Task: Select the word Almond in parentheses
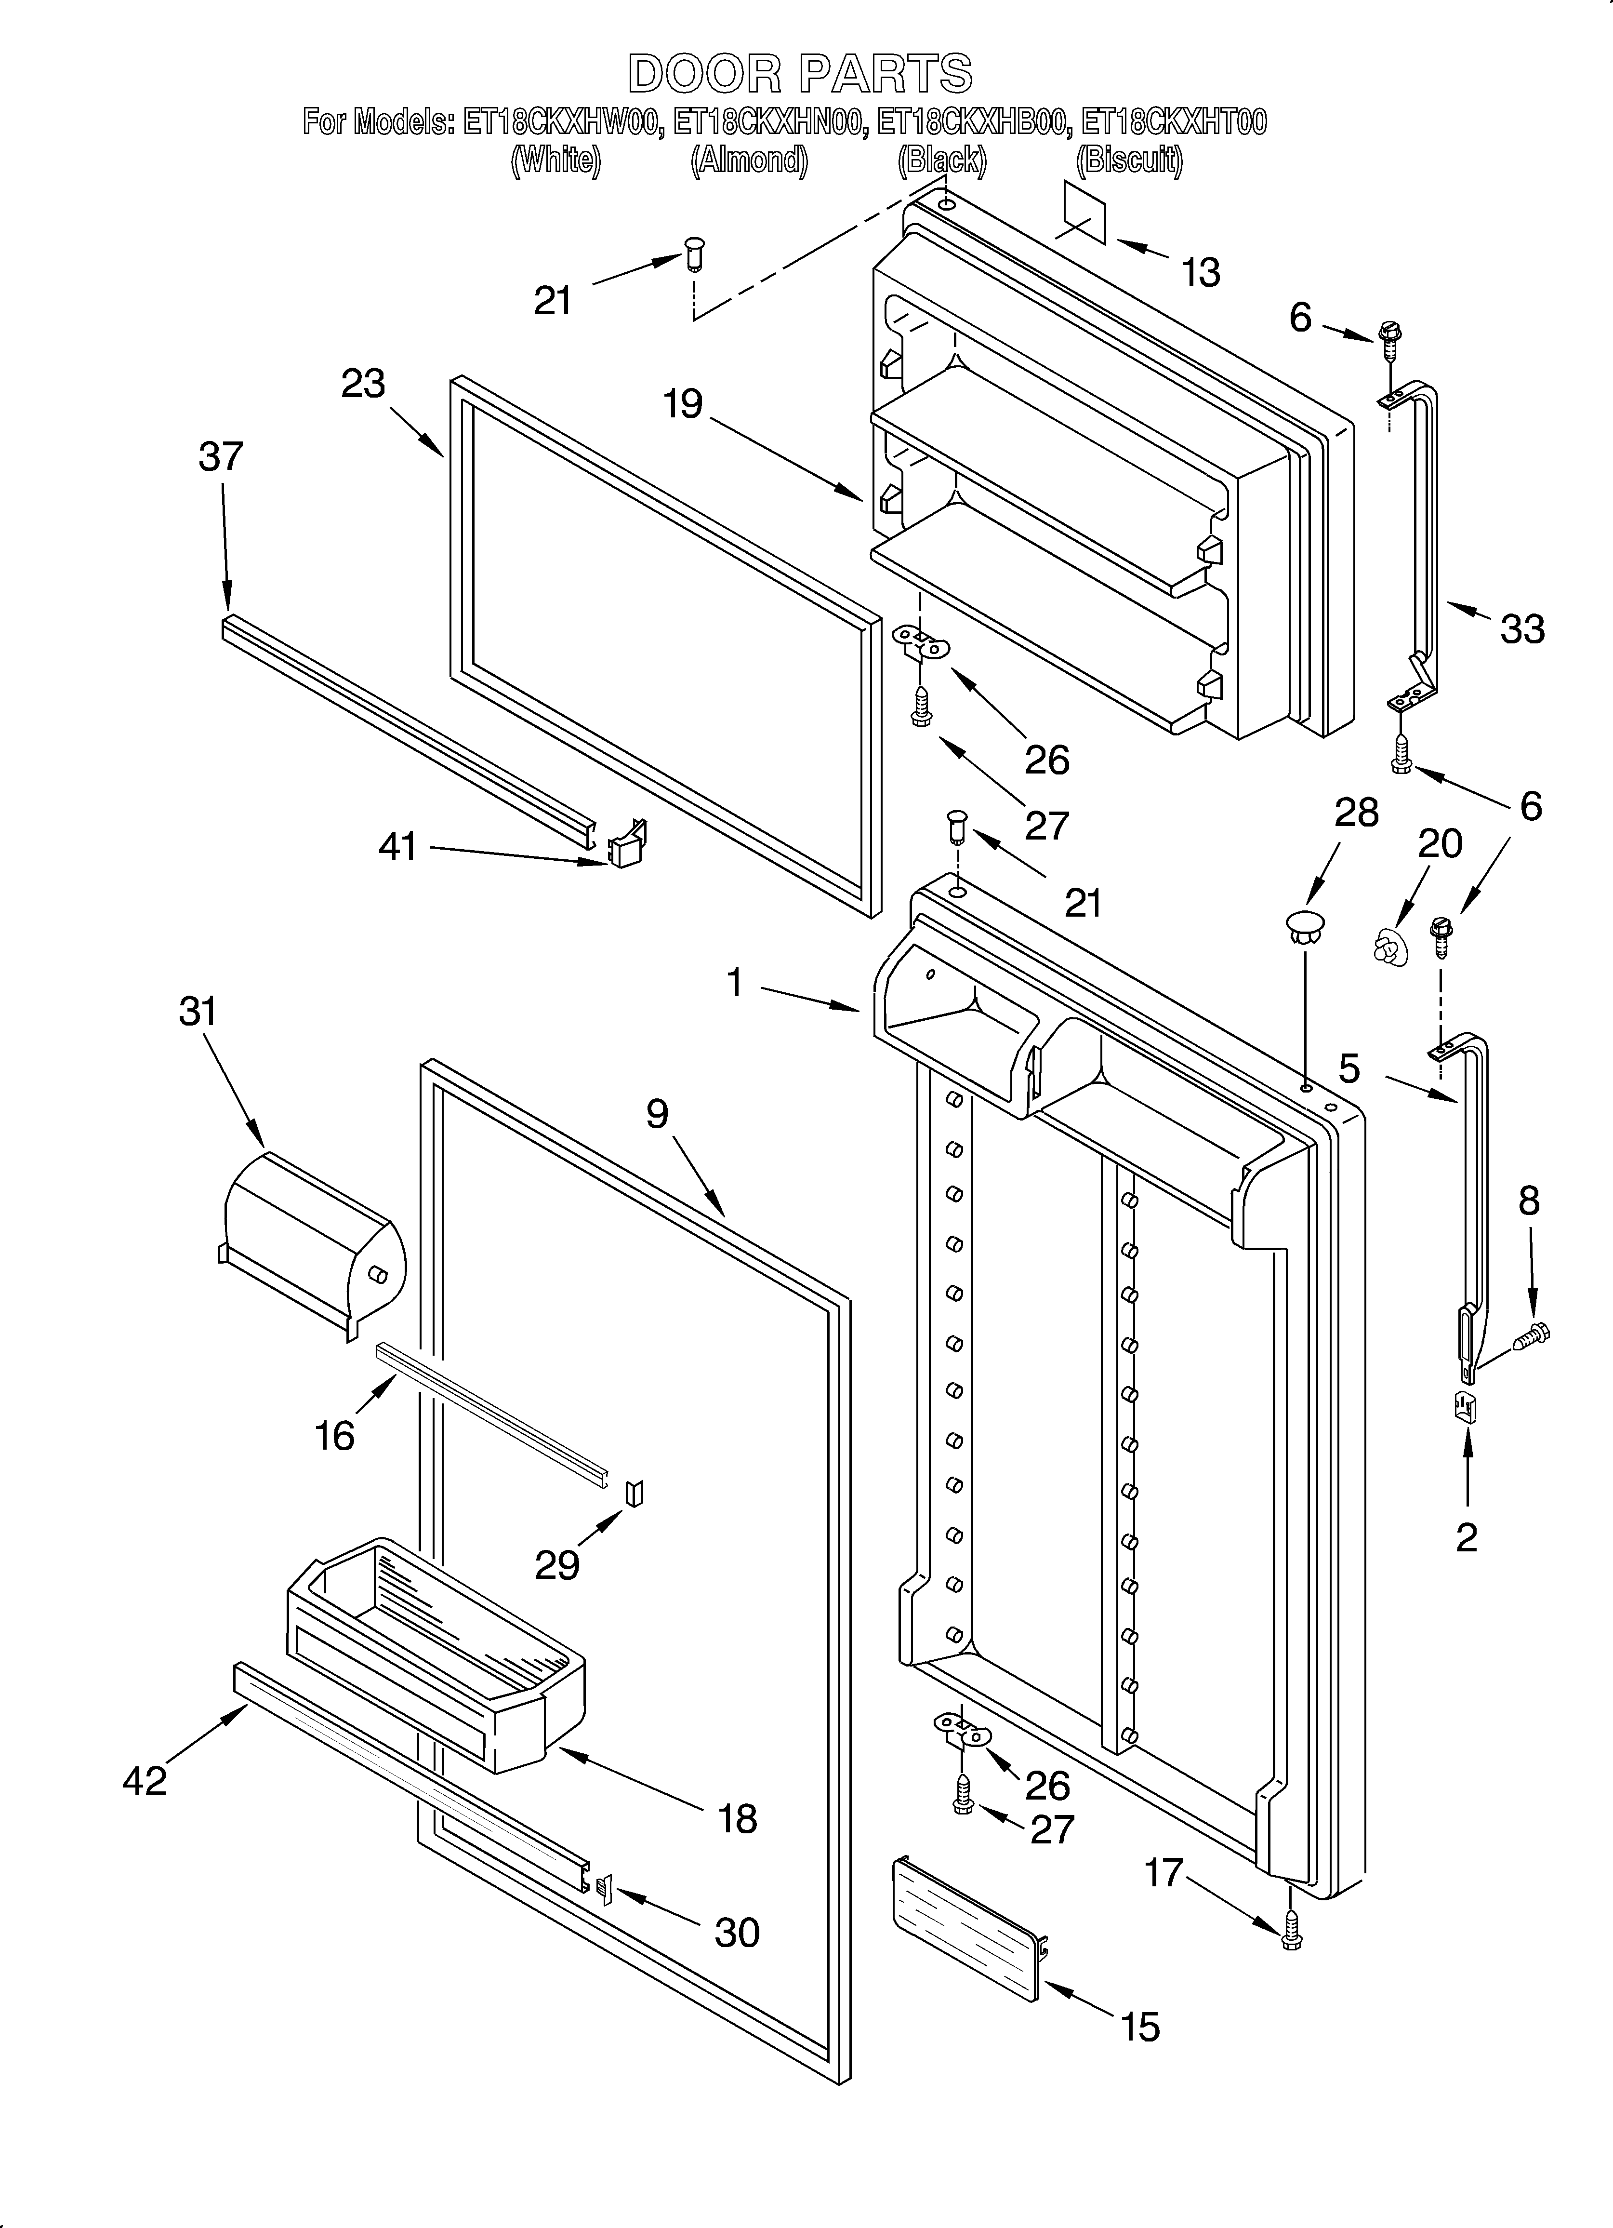[x=750, y=159]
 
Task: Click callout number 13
[x=1201, y=272]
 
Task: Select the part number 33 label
[x=1521, y=629]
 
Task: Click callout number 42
[x=145, y=1780]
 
